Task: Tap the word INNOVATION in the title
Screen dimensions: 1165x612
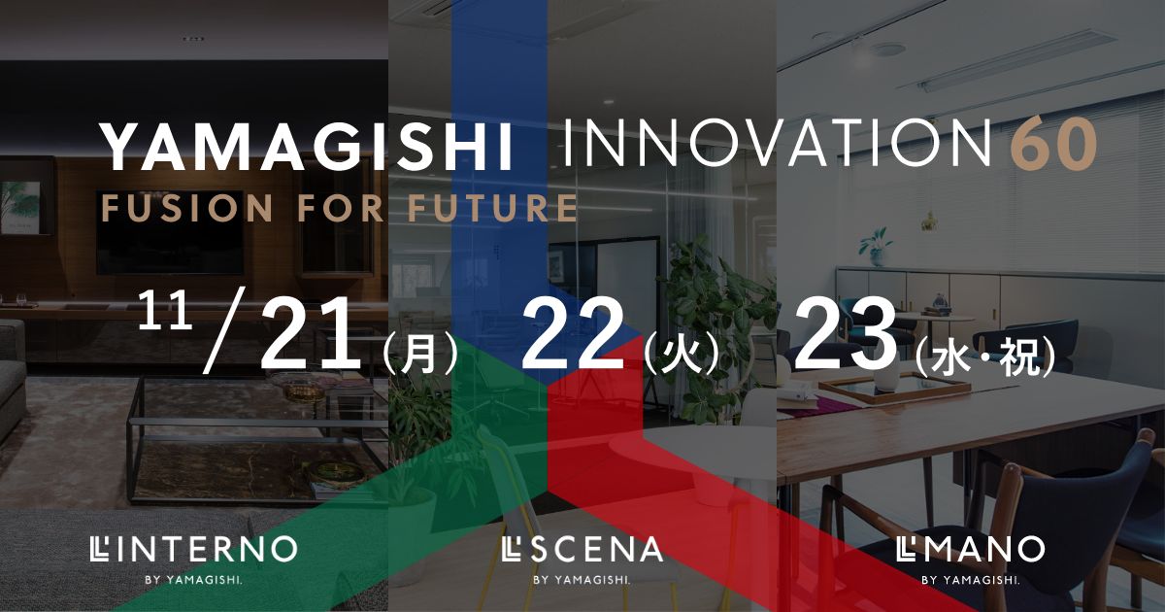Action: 778,142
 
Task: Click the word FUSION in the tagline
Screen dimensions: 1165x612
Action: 187,208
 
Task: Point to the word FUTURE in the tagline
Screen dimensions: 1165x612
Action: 493,208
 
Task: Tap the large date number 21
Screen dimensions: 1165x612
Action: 311,333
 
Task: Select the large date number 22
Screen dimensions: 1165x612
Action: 573,333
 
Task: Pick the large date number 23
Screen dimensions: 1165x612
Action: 846,333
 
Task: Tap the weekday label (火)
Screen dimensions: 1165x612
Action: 682,355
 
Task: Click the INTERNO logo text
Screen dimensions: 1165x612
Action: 193,549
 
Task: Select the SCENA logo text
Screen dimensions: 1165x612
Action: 583,550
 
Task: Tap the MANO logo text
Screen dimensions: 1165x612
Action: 971,549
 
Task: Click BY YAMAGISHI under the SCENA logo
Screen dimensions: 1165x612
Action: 582,580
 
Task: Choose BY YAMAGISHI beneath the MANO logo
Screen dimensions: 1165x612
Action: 971,580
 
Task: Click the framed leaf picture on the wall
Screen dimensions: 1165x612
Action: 20,207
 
